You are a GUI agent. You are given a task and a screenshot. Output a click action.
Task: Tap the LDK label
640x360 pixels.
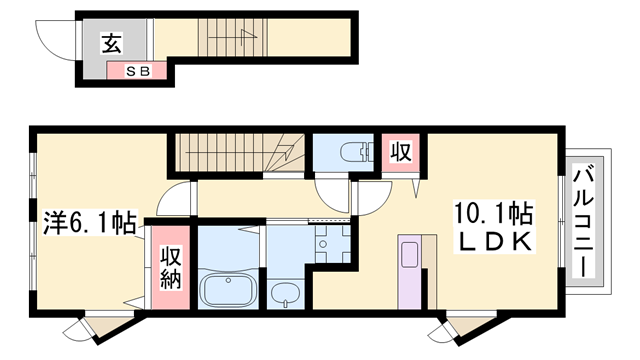[492, 243]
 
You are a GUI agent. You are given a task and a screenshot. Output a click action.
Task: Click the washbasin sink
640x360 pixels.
[287, 294]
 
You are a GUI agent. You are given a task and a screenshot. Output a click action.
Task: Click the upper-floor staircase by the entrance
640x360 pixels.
[232, 38]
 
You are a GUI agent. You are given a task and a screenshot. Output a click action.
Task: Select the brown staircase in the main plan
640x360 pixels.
[240, 153]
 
